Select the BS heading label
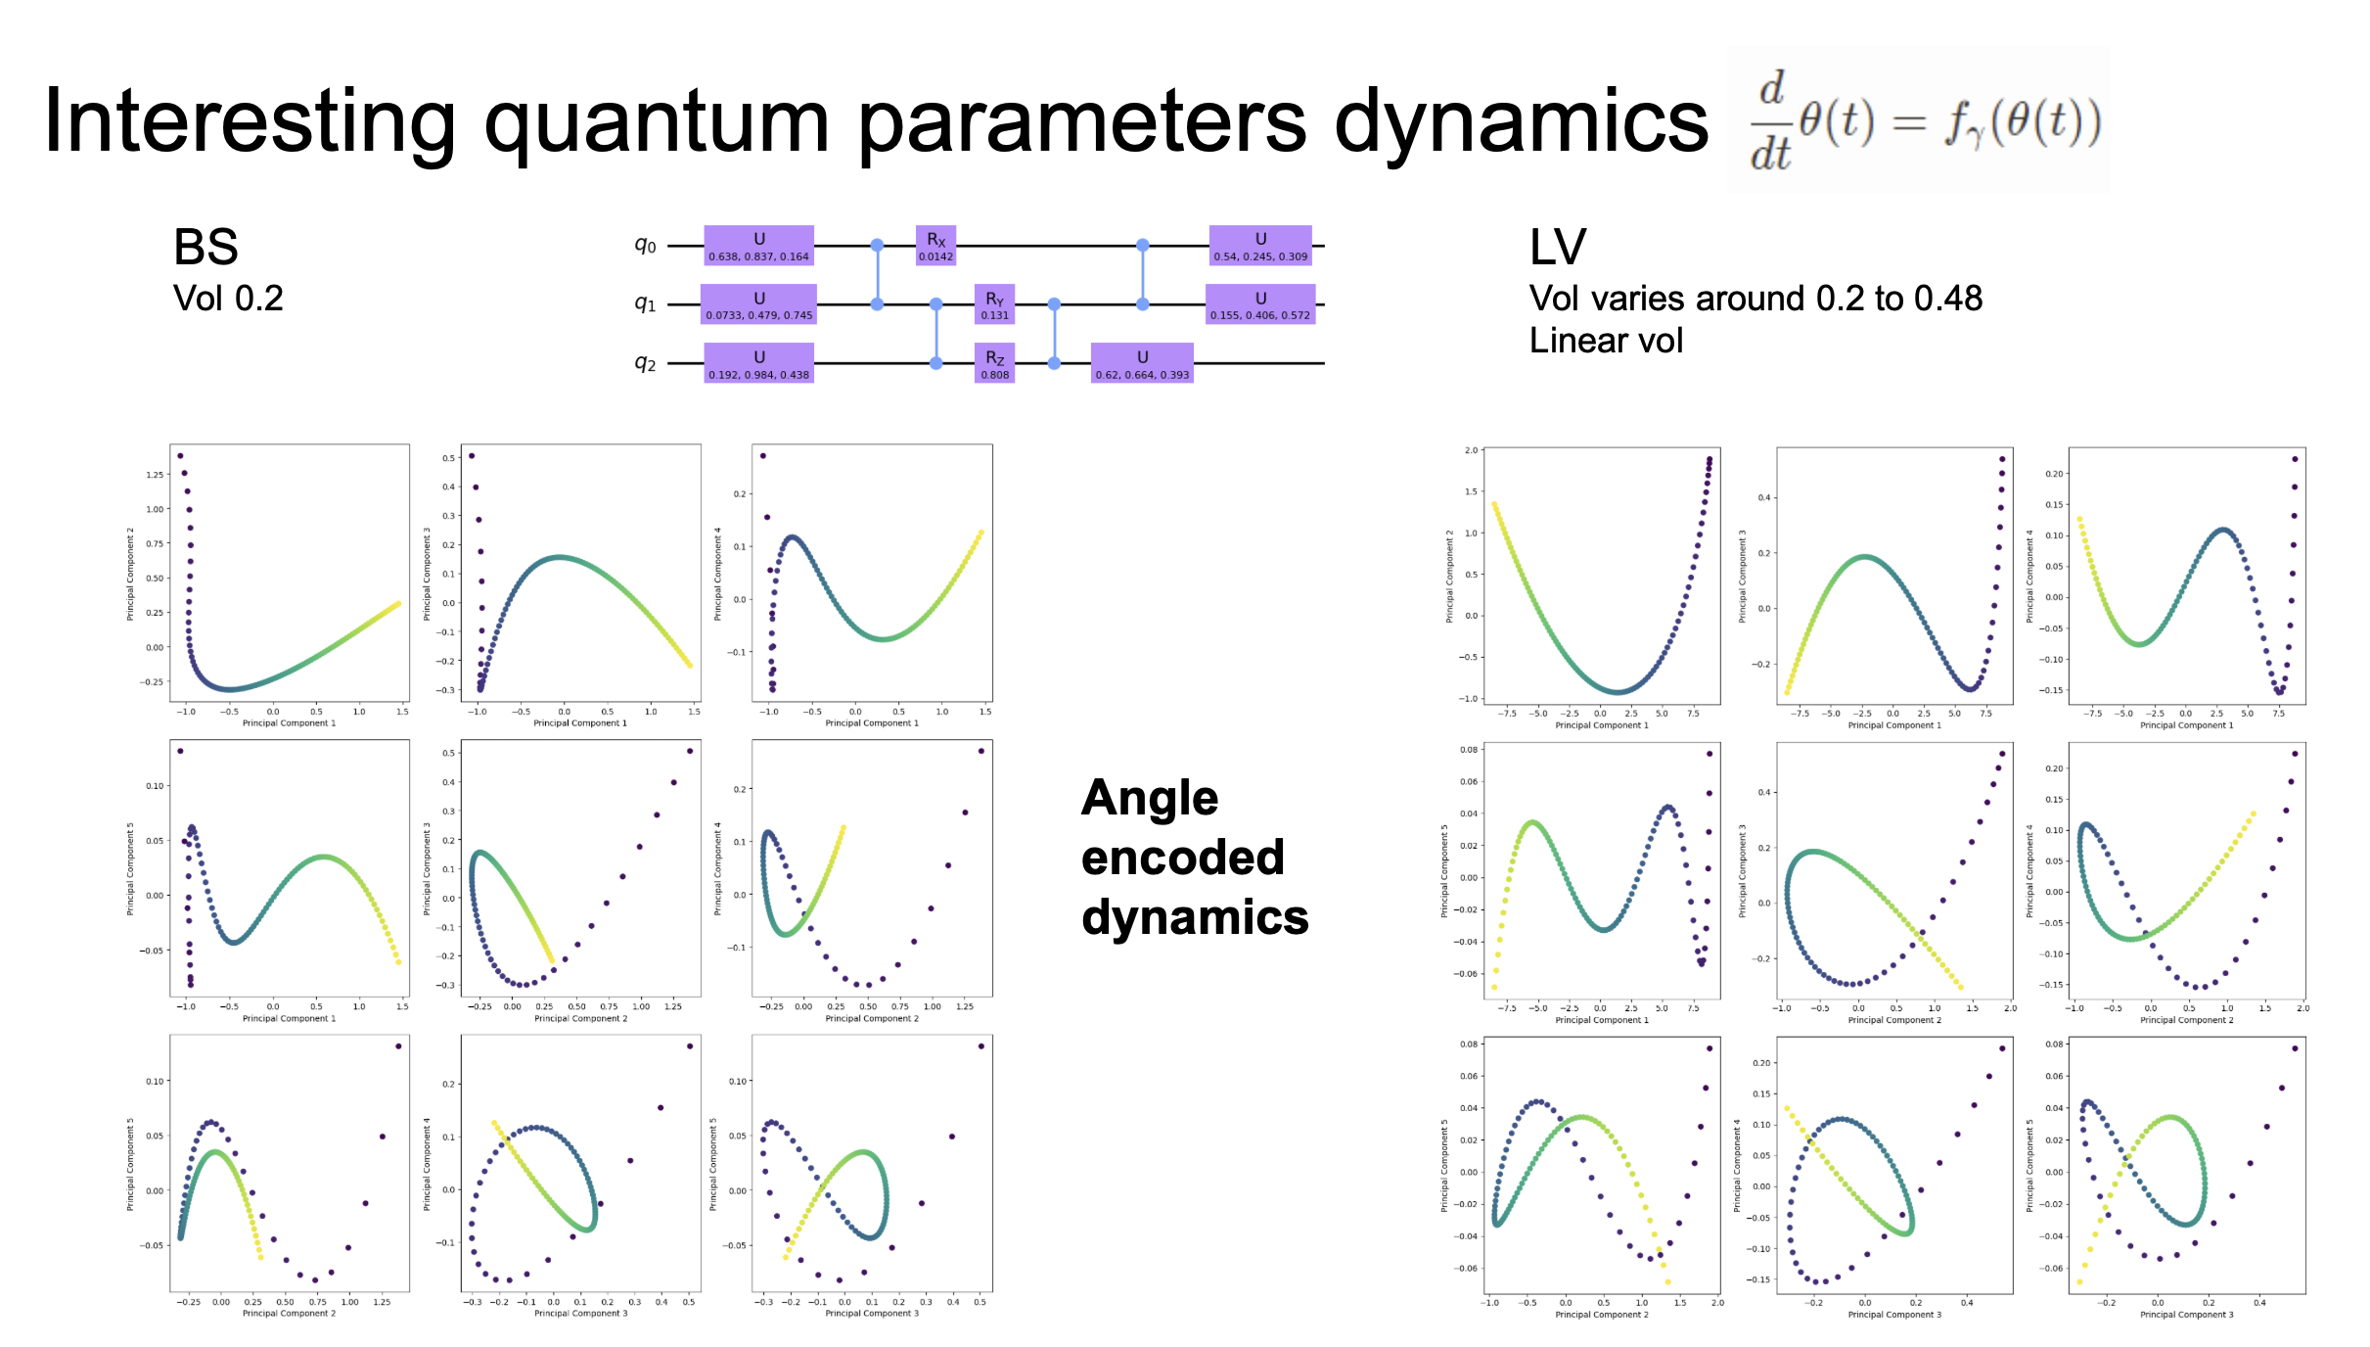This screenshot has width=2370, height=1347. [205, 247]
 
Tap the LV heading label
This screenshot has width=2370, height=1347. [1557, 247]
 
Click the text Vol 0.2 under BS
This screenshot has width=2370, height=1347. [228, 298]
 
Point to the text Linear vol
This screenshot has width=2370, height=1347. [1606, 341]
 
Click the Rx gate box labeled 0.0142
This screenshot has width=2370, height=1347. [935, 246]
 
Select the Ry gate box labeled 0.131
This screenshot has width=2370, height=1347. [994, 304]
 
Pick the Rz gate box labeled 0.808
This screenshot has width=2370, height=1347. [994, 363]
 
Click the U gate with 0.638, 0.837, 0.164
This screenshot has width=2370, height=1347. [758, 246]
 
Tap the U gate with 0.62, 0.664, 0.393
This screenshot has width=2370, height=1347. [1142, 363]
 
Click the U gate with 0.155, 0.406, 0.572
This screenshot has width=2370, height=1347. [1259, 304]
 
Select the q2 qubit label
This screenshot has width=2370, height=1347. [645, 363]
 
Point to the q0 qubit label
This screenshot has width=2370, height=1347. [645, 246]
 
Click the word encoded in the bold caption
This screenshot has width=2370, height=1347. [1182, 858]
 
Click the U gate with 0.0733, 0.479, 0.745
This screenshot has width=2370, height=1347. [758, 304]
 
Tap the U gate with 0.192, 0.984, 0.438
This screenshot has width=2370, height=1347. [758, 363]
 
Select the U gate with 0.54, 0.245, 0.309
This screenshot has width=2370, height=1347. [1259, 246]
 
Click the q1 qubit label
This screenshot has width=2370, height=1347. [645, 304]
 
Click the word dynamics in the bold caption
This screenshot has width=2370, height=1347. [1194, 917]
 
